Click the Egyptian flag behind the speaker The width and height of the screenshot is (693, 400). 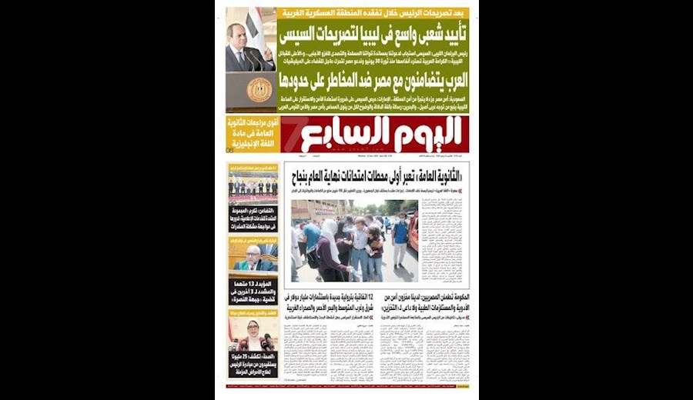254,23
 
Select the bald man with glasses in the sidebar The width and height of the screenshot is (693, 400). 253,258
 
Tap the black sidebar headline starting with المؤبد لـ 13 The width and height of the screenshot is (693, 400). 253,292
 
